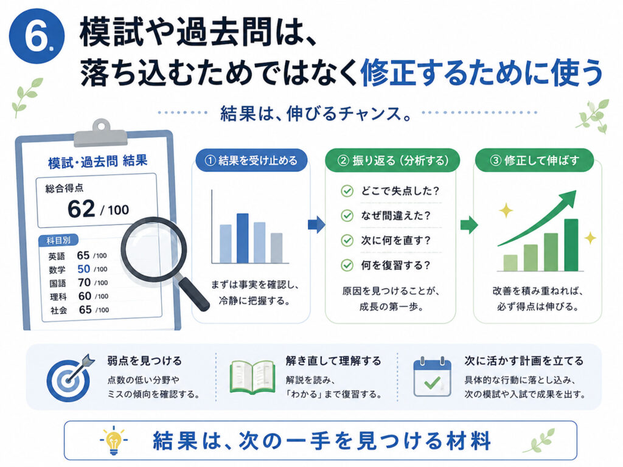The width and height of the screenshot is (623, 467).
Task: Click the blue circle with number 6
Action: (37, 36)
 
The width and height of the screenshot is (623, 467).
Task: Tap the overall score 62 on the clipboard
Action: (81, 209)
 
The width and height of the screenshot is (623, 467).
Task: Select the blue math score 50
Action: (83, 269)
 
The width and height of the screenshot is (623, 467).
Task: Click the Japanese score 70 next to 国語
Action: (84, 282)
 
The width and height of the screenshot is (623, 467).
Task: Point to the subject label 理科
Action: (58, 297)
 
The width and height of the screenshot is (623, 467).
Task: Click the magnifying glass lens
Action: (153, 249)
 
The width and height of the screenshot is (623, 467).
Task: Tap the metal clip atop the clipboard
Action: (101, 134)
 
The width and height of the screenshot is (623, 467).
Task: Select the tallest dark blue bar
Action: (242, 238)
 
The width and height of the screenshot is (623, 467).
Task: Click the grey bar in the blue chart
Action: (277, 248)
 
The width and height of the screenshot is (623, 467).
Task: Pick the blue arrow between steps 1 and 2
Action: (316, 225)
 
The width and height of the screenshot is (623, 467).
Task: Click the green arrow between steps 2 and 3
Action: (469, 225)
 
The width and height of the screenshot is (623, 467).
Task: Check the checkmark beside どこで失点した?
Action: (347, 191)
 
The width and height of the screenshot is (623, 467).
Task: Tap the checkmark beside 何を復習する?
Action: (347, 265)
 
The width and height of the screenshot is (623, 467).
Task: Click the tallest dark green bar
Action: (571, 245)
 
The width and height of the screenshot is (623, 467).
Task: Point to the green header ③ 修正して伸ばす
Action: (534, 161)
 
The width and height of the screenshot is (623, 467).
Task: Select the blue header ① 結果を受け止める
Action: (251, 161)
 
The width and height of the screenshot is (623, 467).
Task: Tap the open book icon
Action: (252, 377)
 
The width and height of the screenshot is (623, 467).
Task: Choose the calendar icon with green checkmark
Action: (432, 377)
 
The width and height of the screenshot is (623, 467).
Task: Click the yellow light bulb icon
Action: (114, 440)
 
